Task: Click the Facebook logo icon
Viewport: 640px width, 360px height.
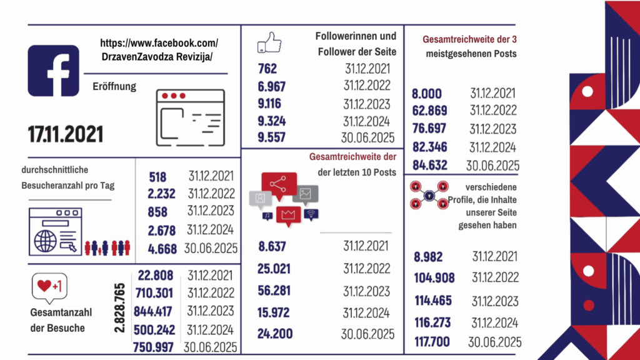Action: (x=54, y=71)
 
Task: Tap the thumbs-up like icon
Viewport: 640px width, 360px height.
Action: (x=269, y=44)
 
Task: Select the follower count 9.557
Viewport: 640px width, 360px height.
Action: (x=271, y=137)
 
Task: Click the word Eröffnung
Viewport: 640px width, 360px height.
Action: (x=114, y=87)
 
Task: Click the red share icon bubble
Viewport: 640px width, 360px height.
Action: (x=279, y=184)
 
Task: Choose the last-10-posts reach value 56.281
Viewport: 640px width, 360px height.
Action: (x=275, y=292)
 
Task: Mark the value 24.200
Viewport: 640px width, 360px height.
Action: (x=275, y=334)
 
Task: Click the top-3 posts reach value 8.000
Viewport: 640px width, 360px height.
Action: (x=427, y=94)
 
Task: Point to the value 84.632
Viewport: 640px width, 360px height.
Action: (x=430, y=166)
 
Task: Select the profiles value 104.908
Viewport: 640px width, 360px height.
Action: (x=434, y=278)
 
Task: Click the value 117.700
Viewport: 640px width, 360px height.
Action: (x=433, y=342)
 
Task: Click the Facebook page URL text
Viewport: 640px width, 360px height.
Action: (x=159, y=50)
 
